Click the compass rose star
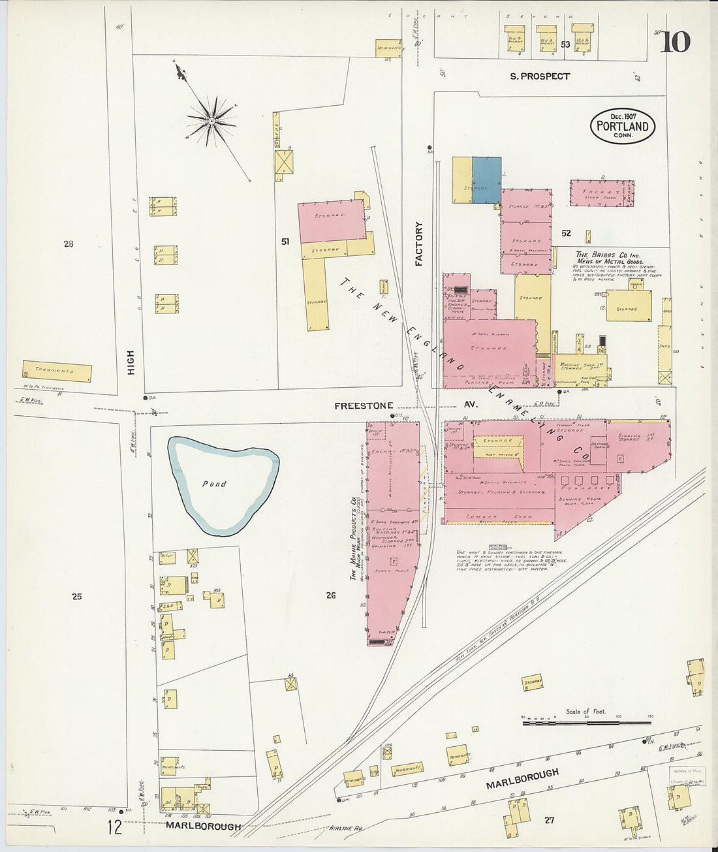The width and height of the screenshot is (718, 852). [211, 120]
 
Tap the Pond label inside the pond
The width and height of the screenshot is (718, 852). [214, 484]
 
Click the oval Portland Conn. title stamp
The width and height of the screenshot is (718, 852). [622, 126]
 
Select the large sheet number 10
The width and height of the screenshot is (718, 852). [675, 42]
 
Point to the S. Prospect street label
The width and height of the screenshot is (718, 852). [540, 76]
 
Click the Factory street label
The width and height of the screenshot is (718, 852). [419, 244]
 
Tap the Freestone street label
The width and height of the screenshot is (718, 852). [364, 405]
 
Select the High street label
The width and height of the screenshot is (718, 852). [131, 362]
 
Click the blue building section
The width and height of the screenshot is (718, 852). [486, 180]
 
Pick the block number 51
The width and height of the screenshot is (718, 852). [285, 242]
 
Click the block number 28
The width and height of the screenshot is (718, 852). [69, 244]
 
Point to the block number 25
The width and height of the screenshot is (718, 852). [77, 596]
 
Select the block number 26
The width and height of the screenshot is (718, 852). [331, 595]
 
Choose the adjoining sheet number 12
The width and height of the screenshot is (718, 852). [115, 828]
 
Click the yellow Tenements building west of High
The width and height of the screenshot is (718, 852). [57, 371]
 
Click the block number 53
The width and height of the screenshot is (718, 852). [565, 44]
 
